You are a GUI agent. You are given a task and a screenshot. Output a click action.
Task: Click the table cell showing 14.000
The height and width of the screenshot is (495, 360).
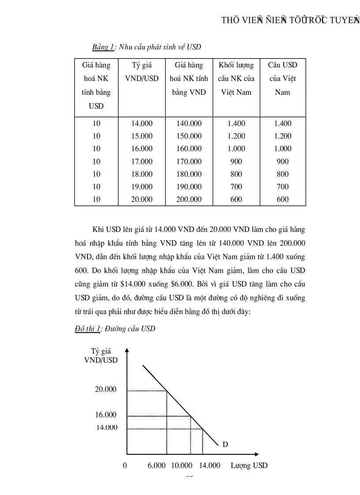coord(142,123)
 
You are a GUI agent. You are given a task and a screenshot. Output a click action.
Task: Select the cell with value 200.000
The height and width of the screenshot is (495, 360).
coord(189,199)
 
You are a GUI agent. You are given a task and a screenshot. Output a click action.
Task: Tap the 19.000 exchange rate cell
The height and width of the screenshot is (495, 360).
coord(142,186)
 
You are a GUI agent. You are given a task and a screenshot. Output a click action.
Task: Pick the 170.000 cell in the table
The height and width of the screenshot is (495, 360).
coord(189,161)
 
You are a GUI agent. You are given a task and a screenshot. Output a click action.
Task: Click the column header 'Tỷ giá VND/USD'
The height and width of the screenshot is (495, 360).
coord(142,72)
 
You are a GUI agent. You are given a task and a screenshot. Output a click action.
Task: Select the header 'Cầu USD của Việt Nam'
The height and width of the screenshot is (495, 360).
coord(282,78)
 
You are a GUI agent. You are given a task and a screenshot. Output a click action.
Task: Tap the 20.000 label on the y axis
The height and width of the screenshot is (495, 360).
coord(106,389)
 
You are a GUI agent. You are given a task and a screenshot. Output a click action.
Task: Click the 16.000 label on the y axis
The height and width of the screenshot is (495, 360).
coord(106,415)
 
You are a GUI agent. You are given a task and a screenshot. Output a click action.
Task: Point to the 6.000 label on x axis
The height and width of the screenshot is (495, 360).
coord(157,465)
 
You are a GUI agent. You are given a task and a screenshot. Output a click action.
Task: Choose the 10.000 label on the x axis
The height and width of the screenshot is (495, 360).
coord(182,465)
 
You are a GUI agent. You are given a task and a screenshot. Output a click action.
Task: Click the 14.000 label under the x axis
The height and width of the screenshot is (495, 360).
coord(210,465)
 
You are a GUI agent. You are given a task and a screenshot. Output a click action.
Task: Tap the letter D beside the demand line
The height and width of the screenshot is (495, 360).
coord(225,444)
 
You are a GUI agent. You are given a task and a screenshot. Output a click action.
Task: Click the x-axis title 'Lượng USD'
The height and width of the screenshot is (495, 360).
coord(249,465)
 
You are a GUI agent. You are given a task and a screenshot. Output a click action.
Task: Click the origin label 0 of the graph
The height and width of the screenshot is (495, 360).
coord(125,465)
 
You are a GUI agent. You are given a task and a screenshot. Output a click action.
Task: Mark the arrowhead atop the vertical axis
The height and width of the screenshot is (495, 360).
coord(127,350)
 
